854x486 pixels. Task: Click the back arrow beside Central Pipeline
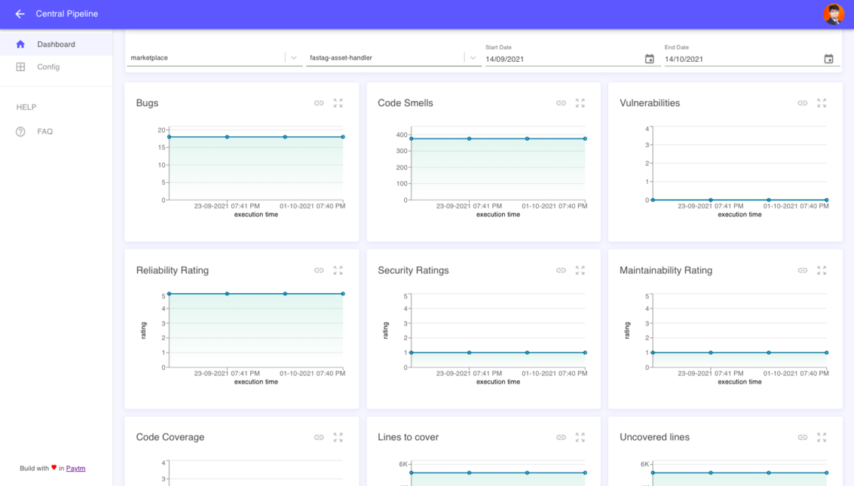(x=20, y=14)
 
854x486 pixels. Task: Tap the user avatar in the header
(x=833, y=14)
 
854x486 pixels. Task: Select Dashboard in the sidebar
(x=56, y=44)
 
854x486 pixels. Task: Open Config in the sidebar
(x=48, y=67)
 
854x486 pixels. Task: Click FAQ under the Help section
(x=45, y=132)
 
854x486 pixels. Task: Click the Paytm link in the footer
(x=76, y=468)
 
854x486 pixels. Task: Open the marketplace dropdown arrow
(x=294, y=58)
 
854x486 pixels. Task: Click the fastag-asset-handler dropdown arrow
(x=473, y=58)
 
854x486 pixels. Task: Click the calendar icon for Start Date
(x=649, y=59)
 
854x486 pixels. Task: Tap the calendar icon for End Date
(x=828, y=59)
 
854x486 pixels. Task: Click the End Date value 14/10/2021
(x=684, y=59)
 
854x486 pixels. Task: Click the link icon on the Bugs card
(x=319, y=103)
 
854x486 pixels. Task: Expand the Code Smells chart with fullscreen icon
(x=580, y=103)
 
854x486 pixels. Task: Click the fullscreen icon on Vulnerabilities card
(x=822, y=103)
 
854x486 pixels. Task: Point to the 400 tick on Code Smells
(x=401, y=135)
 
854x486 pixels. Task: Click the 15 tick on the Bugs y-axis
(x=161, y=147)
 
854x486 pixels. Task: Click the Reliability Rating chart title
(x=172, y=270)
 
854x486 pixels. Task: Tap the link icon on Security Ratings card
(x=561, y=270)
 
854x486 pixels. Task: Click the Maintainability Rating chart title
(x=666, y=270)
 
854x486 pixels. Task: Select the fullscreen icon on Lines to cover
(x=580, y=437)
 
